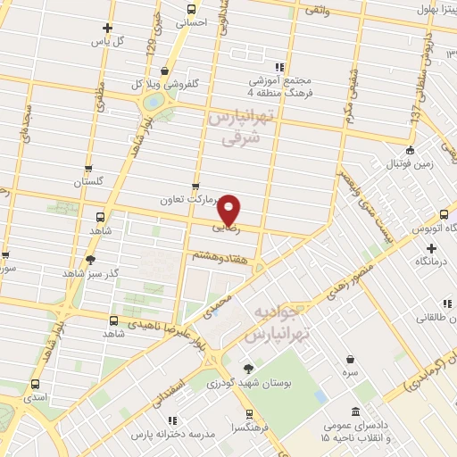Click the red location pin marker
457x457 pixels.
click(229, 209)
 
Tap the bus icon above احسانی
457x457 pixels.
click(191, 9)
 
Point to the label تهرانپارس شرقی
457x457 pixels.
click(237, 128)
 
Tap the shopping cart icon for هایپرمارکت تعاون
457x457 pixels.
click(195, 187)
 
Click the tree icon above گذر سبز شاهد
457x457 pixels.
click(89, 260)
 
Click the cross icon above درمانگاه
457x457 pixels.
click(431, 248)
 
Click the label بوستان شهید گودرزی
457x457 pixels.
click(237, 383)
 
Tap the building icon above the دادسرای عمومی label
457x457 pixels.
click(356, 411)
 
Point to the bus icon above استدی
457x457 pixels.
click(35, 384)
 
